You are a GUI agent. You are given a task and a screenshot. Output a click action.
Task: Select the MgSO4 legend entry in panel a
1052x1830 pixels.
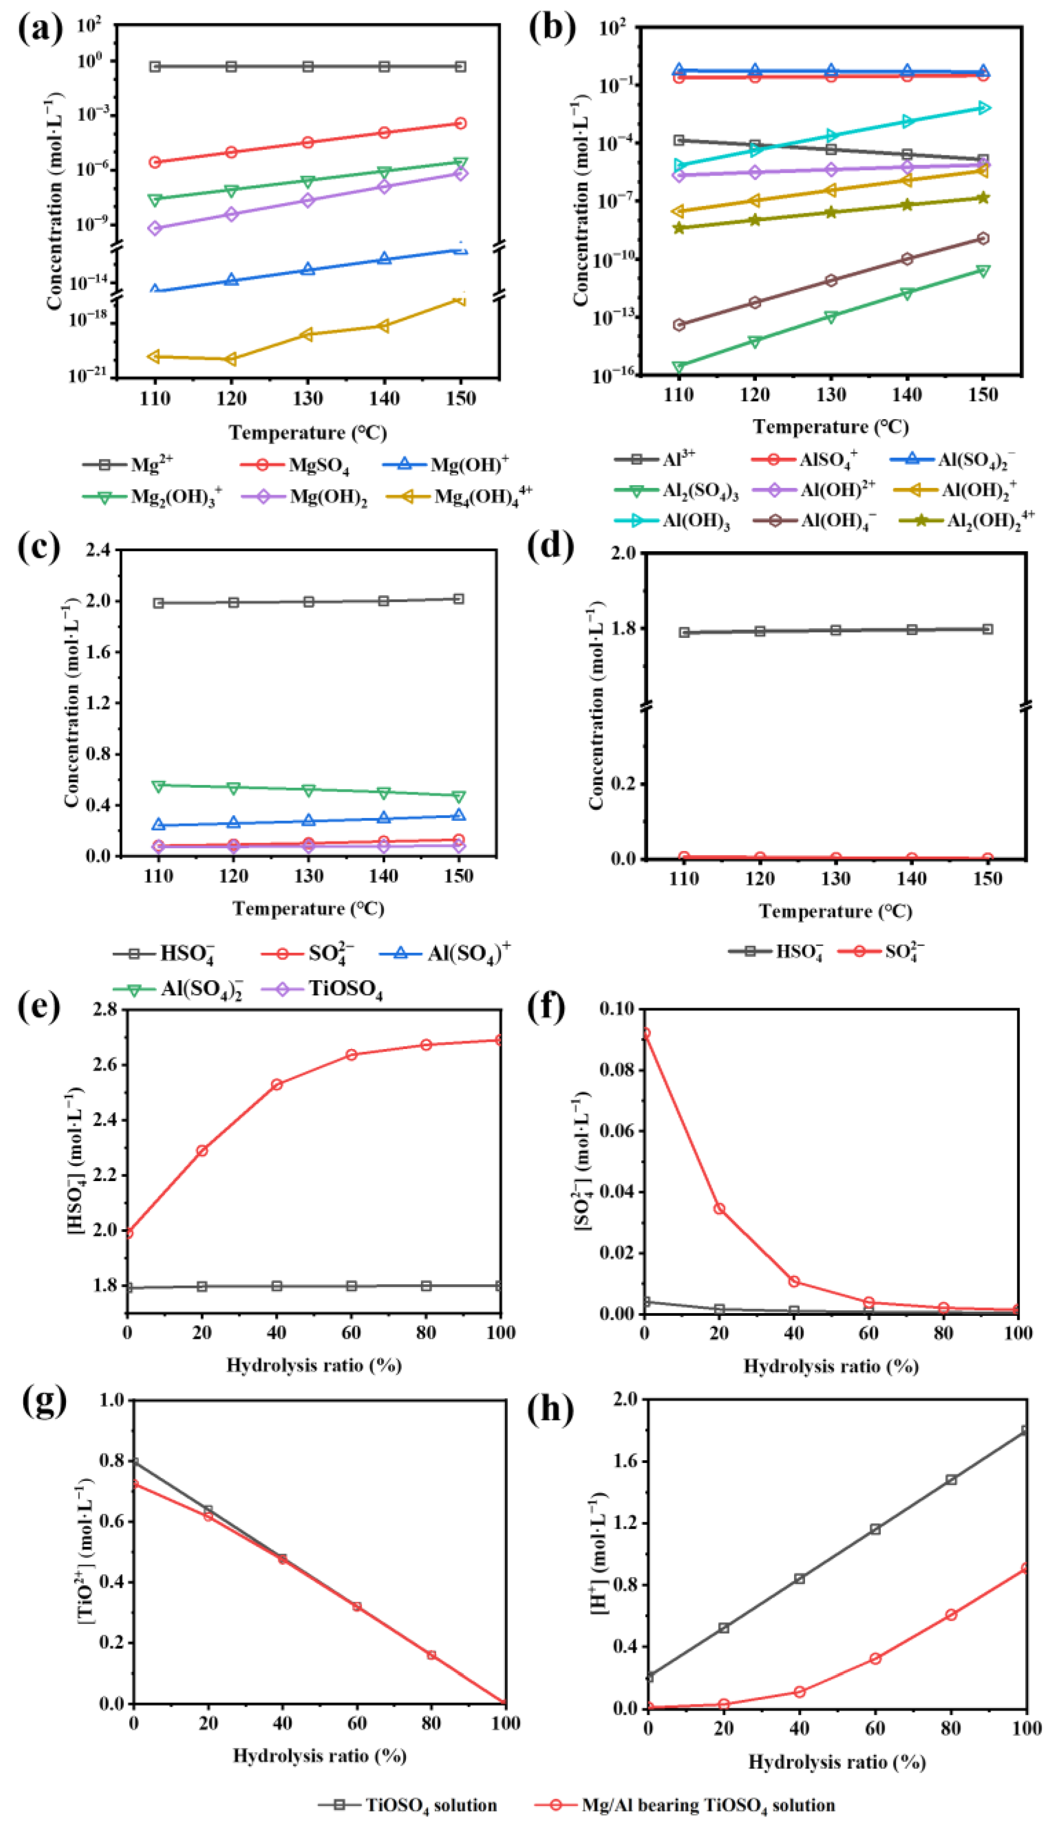(318, 465)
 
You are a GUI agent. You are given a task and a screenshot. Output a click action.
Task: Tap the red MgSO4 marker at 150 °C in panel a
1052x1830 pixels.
(460, 124)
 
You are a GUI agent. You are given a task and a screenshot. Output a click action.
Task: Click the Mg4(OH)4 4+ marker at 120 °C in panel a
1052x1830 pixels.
(231, 359)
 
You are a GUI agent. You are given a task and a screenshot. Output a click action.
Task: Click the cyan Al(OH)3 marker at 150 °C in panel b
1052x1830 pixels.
(983, 108)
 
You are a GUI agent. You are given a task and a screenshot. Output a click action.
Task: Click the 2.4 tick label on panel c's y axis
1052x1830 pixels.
(98, 550)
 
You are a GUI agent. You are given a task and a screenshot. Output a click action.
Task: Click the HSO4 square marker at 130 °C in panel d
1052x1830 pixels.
(836, 630)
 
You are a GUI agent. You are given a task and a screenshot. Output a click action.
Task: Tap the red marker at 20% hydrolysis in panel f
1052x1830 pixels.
(720, 1209)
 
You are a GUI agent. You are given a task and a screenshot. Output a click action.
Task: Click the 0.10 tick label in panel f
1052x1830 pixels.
(618, 1009)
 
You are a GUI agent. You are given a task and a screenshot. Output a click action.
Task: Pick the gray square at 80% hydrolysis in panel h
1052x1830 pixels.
(951, 1479)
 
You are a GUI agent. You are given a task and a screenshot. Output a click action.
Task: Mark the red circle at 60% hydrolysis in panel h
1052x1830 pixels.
(875, 1658)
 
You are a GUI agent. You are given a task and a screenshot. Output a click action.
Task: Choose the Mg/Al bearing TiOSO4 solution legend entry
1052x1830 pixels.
(707, 1805)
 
